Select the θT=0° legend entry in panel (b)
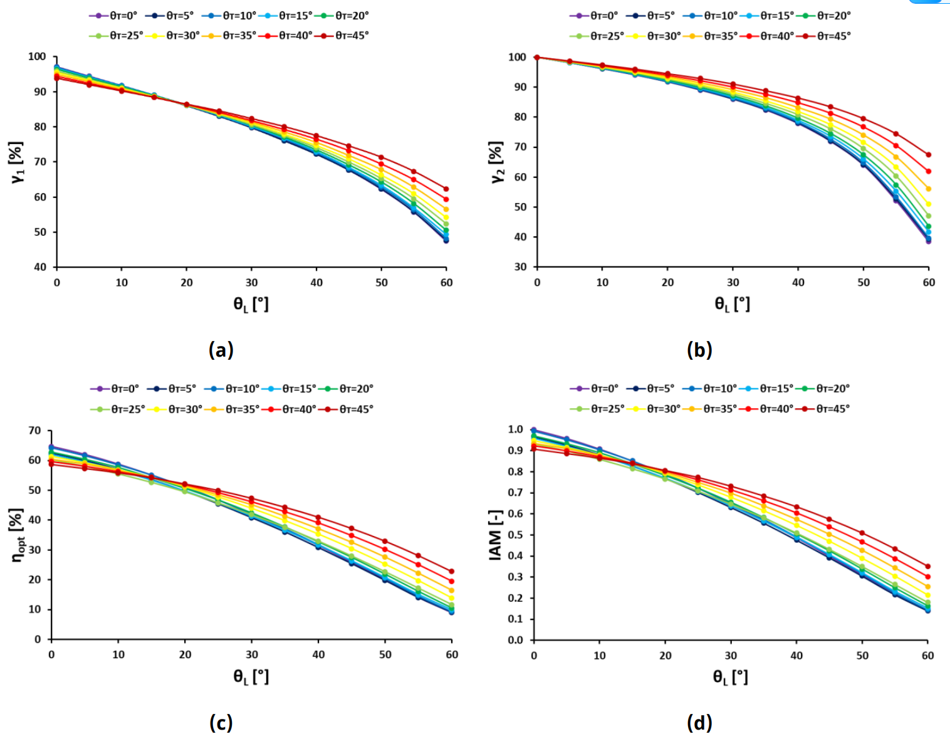point(593,16)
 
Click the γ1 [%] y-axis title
point(17,162)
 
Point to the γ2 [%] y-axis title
point(497,162)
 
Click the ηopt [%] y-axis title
point(17,535)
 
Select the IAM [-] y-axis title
point(496,535)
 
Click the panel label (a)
point(221,350)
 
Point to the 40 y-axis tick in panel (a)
point(39,267)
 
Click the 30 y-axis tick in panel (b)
point(520,267)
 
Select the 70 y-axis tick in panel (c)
point(34,431)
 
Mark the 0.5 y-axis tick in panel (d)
point(516,535)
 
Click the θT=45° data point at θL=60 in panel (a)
point(446,189)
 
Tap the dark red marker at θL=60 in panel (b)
point(928,155)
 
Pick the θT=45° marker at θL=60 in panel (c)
point(452,571)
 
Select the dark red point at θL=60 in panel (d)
point(927,566)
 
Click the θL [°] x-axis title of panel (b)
point(732,305)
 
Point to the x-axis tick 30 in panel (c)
point(252,654)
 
